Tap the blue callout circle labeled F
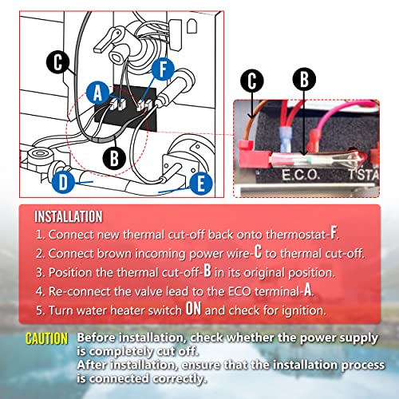click(x=163, y=69)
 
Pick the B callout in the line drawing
click(x=114, y=156)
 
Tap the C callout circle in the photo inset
click(x=253, y=80)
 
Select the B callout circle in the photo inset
click(x=302, y=79)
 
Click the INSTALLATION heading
click(x=68, y=216)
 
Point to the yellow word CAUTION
click(x=46, y=338)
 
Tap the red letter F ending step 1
click(x=334, y=235)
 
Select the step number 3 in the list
click(x=40, y=272)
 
